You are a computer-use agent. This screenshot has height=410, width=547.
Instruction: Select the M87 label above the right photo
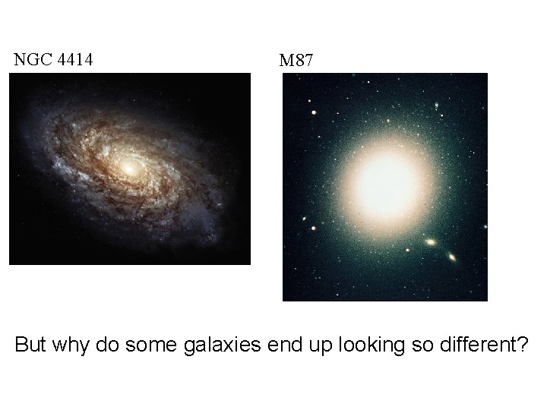tap(296, 61)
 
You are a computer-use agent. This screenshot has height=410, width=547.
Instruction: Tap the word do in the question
tap(110, 345)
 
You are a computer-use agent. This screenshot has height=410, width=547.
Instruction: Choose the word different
tap(477, 345)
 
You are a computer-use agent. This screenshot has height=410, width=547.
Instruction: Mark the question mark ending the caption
tap(522, 345)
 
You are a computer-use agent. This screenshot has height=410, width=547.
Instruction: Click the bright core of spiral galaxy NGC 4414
tap(128, 168)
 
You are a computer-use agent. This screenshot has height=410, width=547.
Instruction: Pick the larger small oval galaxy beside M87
tap(431, 242)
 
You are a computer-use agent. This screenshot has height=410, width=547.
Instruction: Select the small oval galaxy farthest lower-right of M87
tap(452, 258)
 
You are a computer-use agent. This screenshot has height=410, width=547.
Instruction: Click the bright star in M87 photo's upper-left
tap(313, 112)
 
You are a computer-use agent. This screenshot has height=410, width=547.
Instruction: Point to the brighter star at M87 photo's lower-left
tap(312, 227)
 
